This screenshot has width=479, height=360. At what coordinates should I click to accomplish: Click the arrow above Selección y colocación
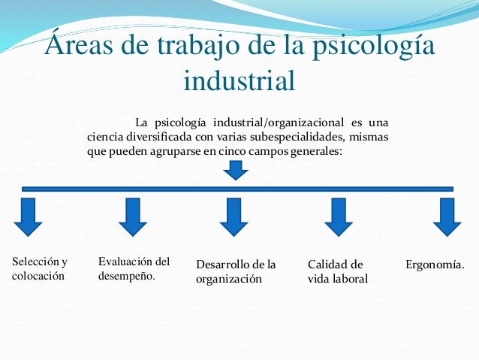tap(29, 216)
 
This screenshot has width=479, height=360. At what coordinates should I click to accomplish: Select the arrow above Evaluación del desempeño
tap(133, 216)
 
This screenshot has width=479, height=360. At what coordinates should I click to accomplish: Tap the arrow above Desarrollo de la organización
tap(233, 216)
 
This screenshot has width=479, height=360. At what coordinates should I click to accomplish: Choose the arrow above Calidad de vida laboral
tap(338, 216)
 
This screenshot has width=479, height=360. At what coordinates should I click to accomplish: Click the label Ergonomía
tap(435, 265)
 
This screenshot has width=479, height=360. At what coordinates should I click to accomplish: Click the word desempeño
tap(126, 276)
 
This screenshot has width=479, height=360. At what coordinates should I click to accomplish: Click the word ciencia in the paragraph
tap(105, 136)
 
